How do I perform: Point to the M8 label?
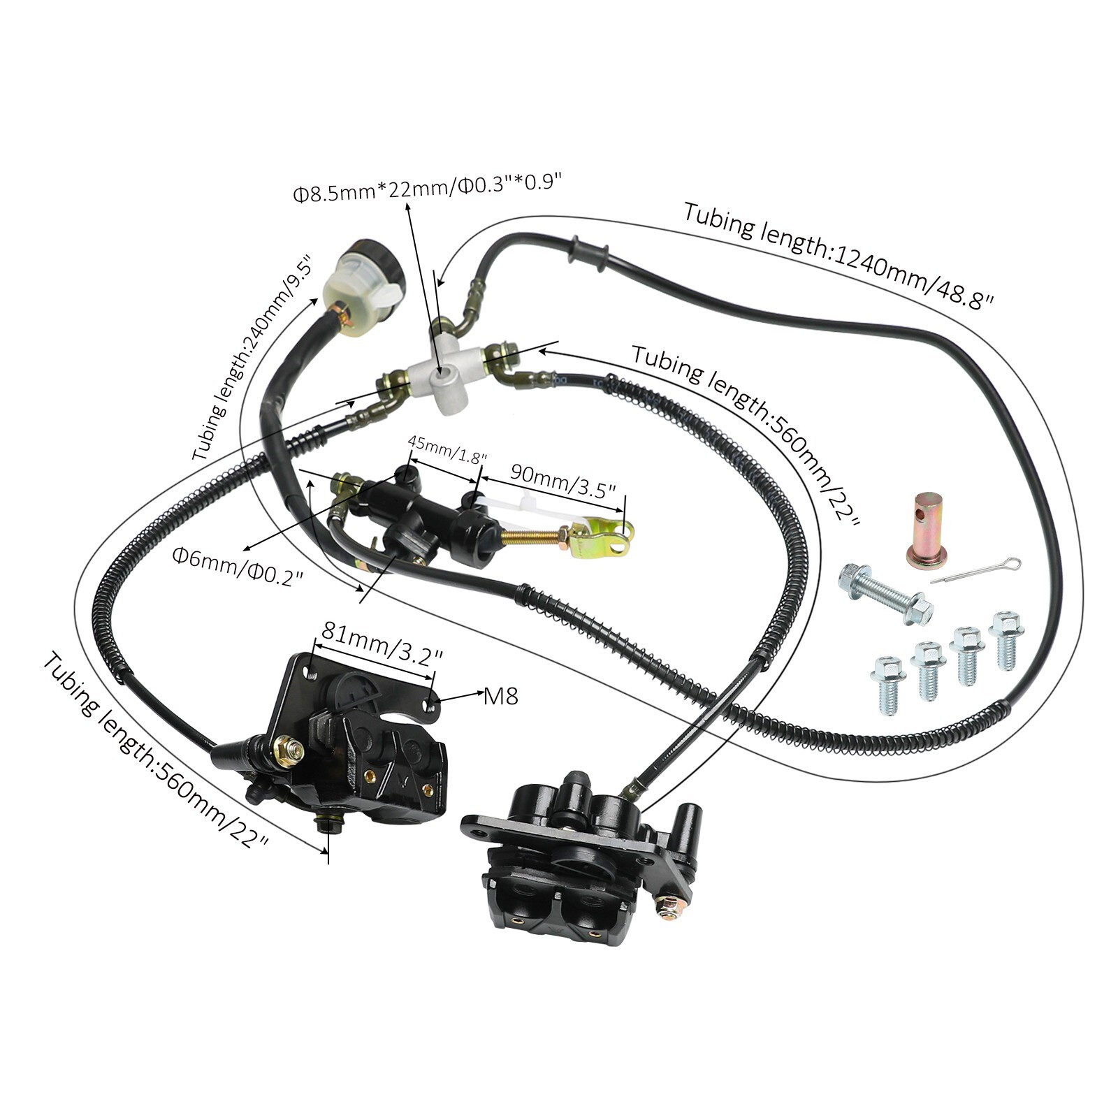(x=501, y=696)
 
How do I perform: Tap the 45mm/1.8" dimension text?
(x=447, y=451)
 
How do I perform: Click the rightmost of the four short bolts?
(x=1006, y=639)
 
